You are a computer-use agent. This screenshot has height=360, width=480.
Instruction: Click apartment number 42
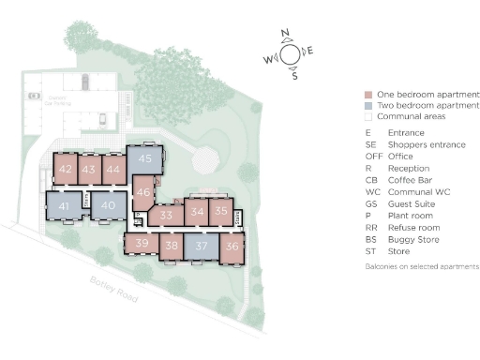click(x=66, y=169)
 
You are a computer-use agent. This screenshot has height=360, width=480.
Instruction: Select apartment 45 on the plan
click(x=143, y=159)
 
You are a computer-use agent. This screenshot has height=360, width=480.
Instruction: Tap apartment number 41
click(x=64, y=205)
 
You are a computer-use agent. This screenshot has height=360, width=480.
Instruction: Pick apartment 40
click(x=108, y=205)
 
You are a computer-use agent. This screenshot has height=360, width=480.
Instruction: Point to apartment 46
click(x=142, y=193)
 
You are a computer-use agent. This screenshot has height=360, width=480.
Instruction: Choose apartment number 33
click(x=166, y=215)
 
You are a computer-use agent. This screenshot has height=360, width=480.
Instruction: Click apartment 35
click(x=220, y=211)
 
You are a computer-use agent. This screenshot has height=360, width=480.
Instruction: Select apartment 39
click(x=142, y=244)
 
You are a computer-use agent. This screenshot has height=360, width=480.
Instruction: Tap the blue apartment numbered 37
click(x=201, y=247)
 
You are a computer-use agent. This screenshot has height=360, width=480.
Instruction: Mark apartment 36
click(x=232, y=247)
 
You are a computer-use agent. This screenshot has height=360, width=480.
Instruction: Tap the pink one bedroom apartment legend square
click(x=369, y=95)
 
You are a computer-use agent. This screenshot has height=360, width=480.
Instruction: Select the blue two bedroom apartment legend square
click(x=369, y=106)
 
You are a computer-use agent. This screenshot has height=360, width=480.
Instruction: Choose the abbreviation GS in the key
click(x=370, y=203)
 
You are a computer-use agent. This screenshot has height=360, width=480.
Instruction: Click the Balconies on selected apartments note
click(x=422, y=267)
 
